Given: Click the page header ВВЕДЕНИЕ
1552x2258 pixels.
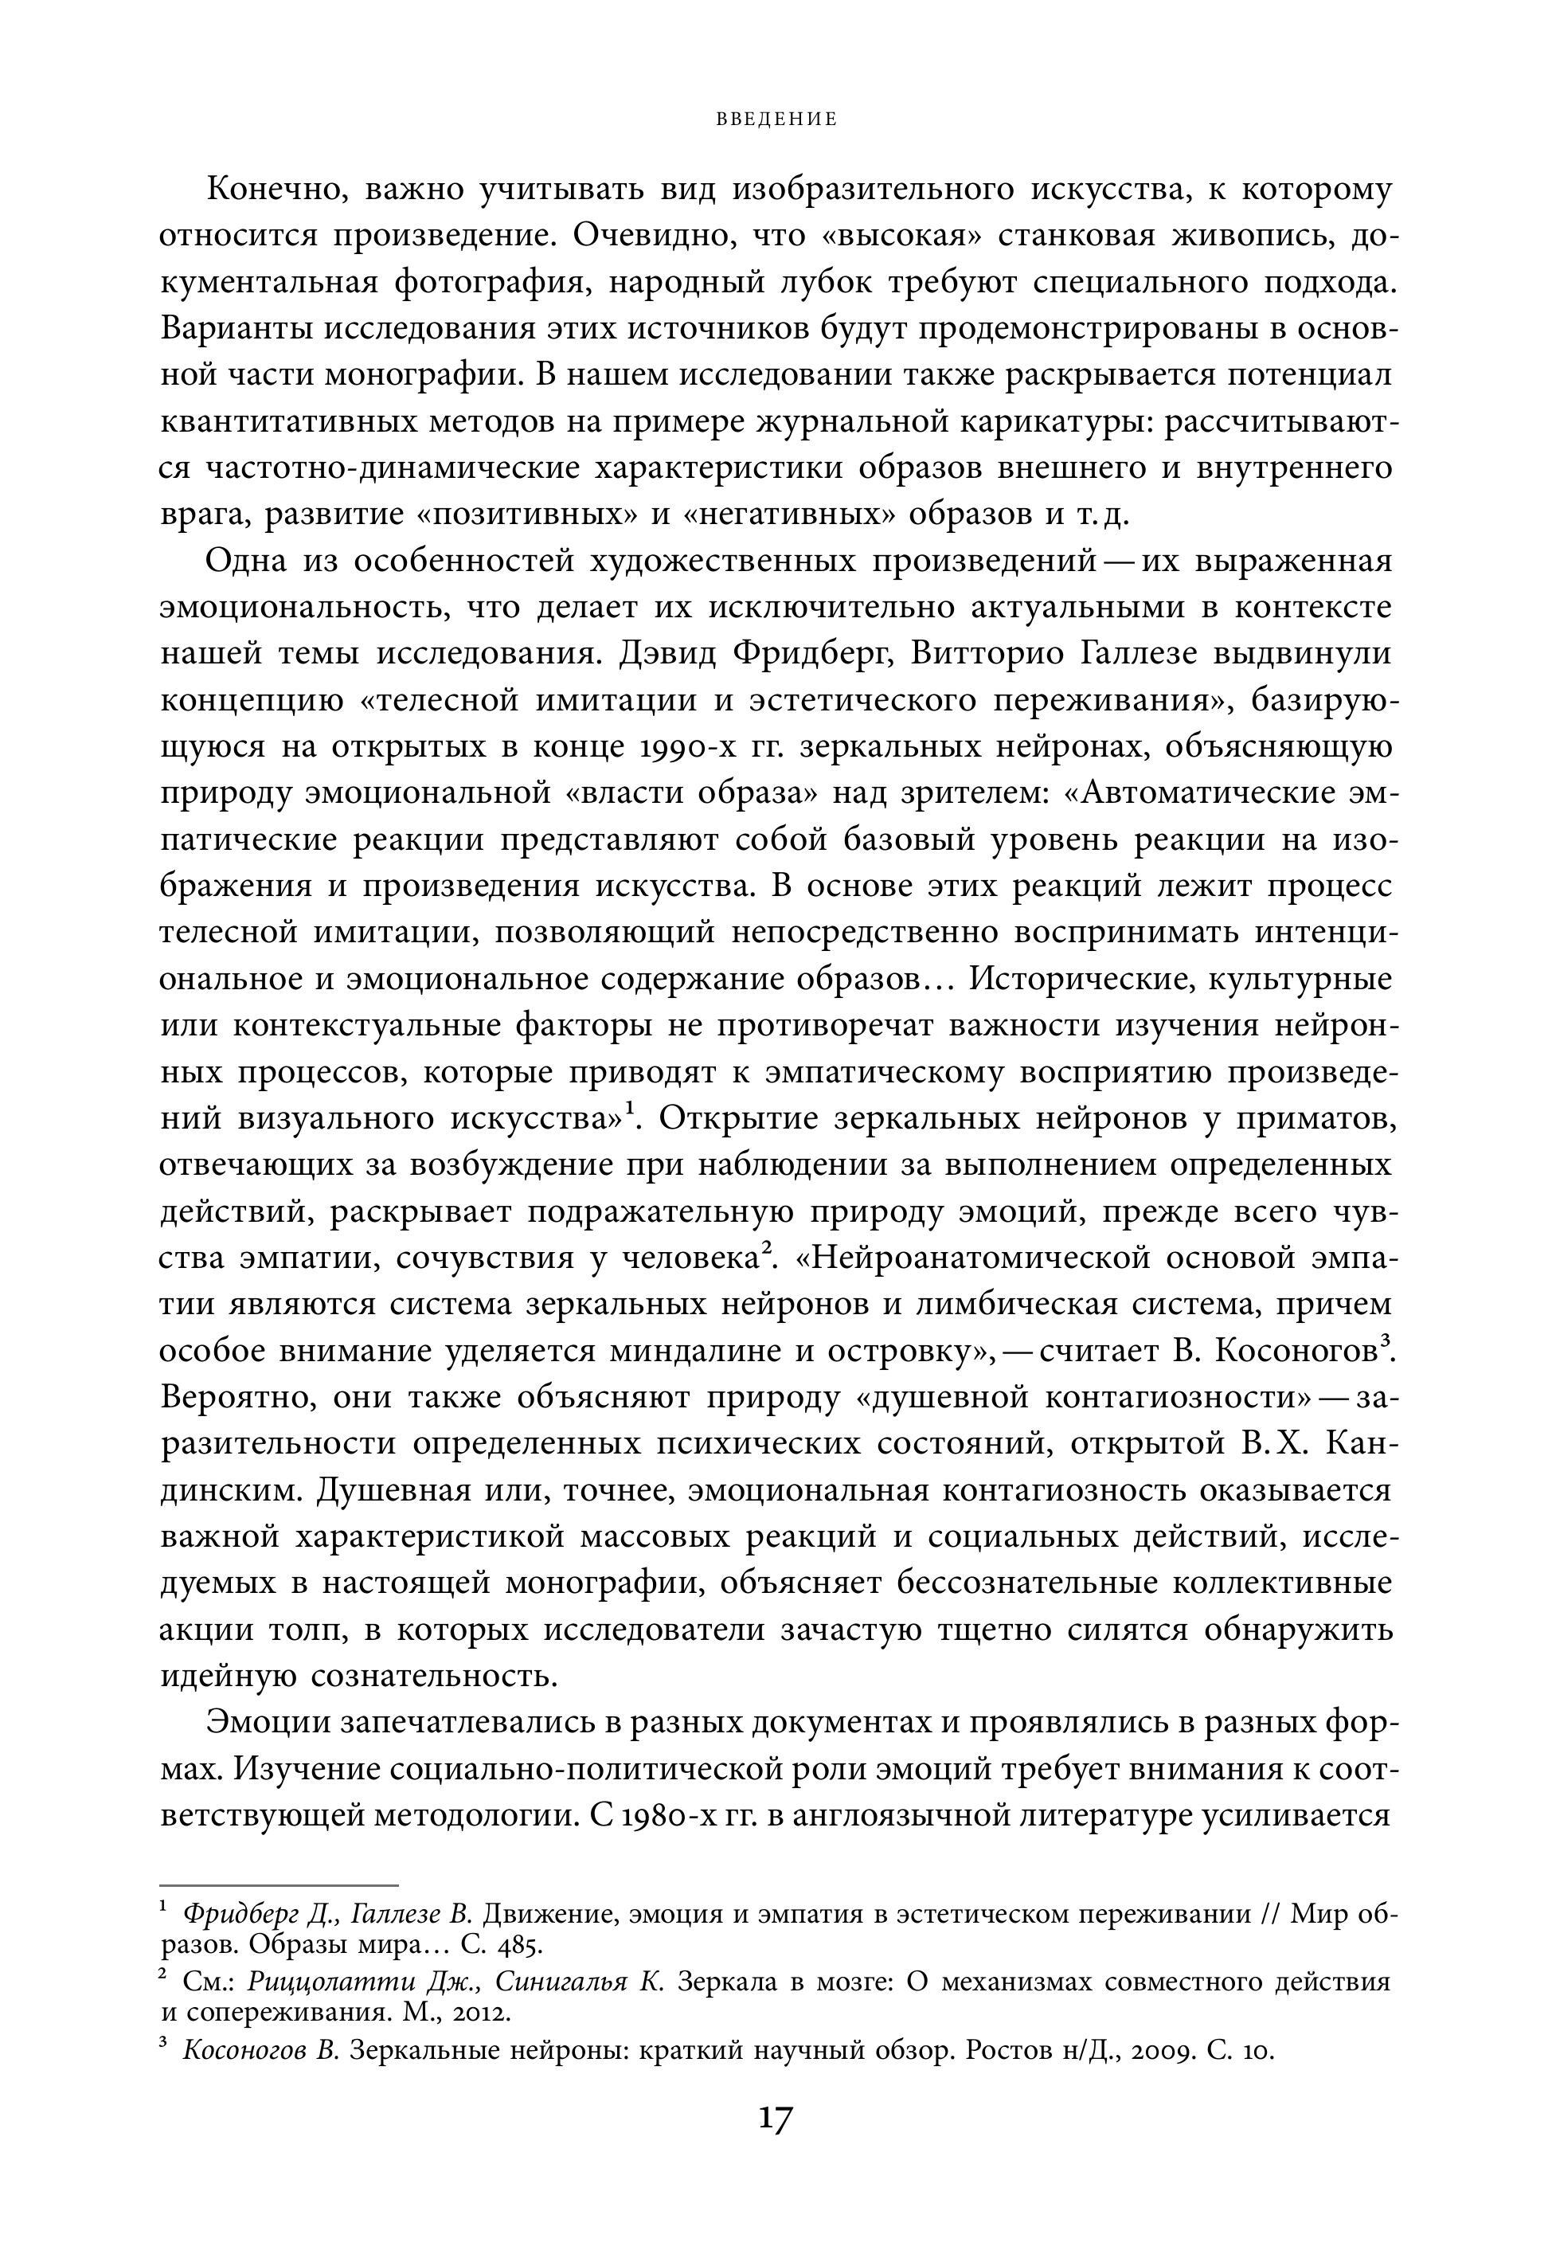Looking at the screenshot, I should (776, 119).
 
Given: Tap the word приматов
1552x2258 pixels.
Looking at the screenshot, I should (1315, 1118).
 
